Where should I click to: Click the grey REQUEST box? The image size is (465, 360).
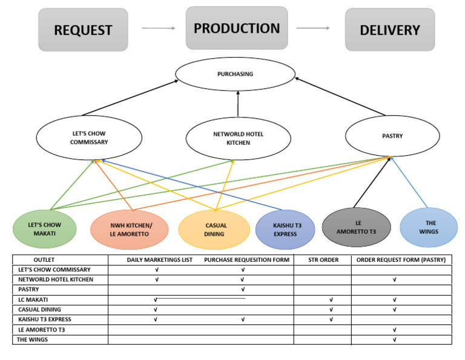pyautogui.click(x=83, y=30)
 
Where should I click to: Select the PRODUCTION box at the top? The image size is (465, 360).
pyautogui.click(x=237, y=28)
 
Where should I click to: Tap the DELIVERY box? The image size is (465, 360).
pyautogui.click(x=390, y=30)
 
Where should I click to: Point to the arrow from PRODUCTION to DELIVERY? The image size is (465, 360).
pyautogui.click(x=313, y=28)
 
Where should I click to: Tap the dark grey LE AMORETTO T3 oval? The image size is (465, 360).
pyautogui.click(x=357, y=227)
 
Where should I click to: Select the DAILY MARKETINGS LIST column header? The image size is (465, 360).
pyautogui.click(x=159, y=260)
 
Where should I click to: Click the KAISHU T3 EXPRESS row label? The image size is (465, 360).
pyautogui.click(x=45, y=319)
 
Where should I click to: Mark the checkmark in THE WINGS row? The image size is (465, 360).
pyautogui.click(x=394, y=339)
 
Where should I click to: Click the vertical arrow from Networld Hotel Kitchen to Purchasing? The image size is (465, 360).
pyautogui.click(x=238, y=104)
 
